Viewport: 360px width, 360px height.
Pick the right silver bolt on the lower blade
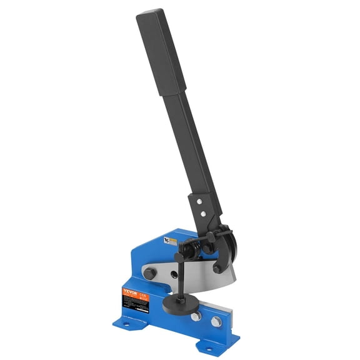(216, 321)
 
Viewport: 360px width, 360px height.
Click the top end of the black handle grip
(150, 14)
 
